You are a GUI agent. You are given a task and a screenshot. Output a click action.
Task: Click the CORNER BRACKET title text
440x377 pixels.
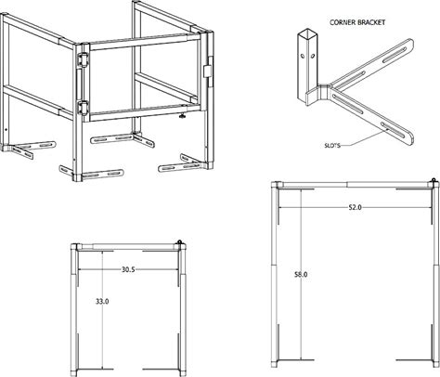coord(357,22)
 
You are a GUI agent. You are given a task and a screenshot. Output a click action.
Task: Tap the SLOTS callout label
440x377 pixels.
coord(332,145)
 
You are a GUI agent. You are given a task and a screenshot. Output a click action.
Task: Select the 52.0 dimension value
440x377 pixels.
coord(355,207)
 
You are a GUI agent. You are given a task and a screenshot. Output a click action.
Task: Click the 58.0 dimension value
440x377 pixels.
coord(301,274)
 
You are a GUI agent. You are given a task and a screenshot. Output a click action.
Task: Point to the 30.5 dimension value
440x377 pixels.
coord(128,269)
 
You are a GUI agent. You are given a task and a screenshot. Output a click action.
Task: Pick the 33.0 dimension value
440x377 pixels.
coord(102,301)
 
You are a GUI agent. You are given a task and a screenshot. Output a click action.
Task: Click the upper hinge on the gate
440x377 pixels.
coord(83,59)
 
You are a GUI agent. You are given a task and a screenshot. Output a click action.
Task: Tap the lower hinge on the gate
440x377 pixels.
coord(83,108)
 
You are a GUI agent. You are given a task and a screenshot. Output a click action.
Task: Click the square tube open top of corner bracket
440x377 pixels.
coord(307,32)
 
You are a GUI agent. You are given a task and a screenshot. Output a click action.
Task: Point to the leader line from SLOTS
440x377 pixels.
coord(365,138)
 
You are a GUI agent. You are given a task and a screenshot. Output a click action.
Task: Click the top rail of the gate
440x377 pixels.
coord(145,43)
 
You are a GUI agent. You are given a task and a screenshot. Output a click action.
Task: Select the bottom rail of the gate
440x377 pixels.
coord(145,113)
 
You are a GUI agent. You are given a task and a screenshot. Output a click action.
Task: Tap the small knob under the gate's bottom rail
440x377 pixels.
coord(183,116)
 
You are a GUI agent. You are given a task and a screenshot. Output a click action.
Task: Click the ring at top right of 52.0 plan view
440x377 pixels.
coord(434,179)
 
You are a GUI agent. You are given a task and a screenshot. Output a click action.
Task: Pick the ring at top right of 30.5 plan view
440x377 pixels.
coord(179,241)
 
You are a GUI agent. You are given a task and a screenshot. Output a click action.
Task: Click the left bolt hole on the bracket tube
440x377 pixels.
coord(304,57)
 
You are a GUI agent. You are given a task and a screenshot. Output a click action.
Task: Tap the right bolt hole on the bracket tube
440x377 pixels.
coord(313,56)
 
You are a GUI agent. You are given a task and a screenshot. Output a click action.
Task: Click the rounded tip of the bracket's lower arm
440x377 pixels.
coord(410,140)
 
